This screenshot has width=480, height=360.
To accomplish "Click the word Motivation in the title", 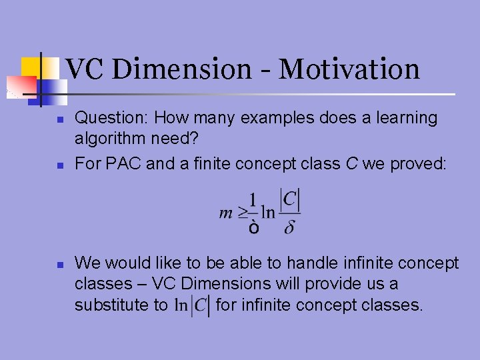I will [x=349, y=69].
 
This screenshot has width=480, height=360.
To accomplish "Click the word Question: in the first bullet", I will [x=111, y=118].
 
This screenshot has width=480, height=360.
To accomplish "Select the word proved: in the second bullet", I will [x=418, y=163].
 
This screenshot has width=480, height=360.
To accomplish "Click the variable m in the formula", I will [x=225, y=213].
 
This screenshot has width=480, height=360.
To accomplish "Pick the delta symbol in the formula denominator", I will [x=289, y=228].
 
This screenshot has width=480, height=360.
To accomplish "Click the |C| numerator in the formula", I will [x=290, y=199].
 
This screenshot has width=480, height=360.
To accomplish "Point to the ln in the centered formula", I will [x=268, y=213].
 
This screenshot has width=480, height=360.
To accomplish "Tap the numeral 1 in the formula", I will [x=253, y=199].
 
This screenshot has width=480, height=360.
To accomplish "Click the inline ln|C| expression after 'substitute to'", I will [x=192, y=305].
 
